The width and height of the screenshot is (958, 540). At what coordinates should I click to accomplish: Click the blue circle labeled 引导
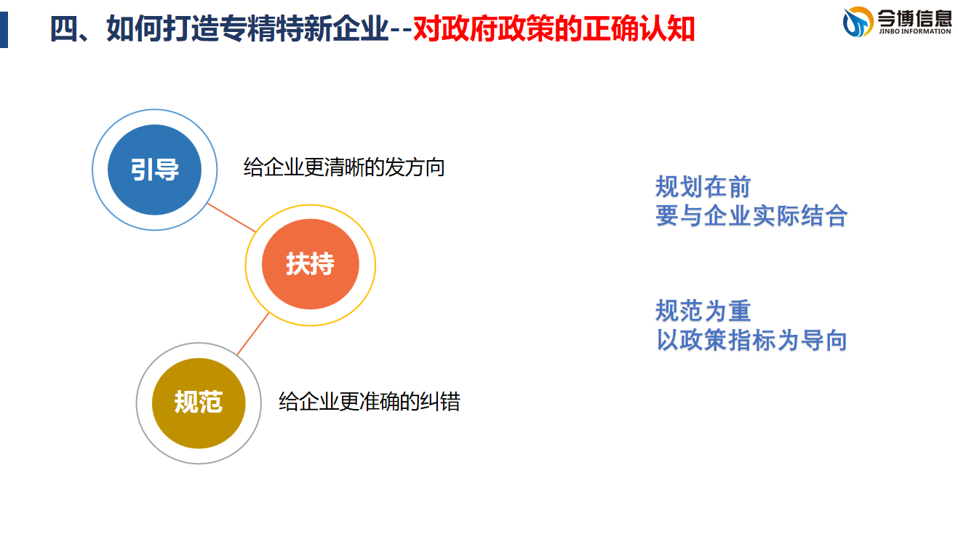click(154, 170)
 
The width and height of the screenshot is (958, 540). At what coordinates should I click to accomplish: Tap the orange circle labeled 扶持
click(311, 264)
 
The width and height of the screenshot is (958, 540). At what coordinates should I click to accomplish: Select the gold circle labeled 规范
click(199, 403)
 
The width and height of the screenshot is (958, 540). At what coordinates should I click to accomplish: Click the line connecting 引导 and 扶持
click(231, 218)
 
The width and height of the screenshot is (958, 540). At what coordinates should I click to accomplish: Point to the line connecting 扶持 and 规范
click(253, 334)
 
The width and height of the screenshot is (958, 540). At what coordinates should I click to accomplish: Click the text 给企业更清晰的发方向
click(344, 167)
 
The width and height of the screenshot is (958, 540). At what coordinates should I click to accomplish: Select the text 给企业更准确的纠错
click(370, 402)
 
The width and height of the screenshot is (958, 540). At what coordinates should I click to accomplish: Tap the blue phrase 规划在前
click(703, 186)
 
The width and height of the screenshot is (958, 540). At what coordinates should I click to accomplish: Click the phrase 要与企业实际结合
click(751, 215)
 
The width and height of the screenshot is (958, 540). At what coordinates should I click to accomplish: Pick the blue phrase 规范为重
click(703, 311)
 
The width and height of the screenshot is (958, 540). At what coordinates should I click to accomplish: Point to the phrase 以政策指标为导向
click(751, 340)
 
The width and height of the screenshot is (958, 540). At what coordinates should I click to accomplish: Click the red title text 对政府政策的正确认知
click(554, 28)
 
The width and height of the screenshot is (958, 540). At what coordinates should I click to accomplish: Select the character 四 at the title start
click(64, 28)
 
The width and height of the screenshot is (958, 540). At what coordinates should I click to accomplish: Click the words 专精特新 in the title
click(276, 28)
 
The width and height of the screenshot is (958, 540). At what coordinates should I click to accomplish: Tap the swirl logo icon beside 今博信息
click(858, 21)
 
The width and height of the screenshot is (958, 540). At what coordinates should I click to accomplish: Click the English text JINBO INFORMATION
click(915, 31)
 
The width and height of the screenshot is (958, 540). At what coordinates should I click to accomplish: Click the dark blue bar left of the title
click(4, 30)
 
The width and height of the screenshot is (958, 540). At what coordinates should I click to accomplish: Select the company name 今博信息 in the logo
click(914, 17)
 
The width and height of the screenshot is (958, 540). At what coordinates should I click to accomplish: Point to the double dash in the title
click(401, 30)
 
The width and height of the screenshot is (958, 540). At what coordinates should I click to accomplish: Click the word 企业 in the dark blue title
click(360, 28)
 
